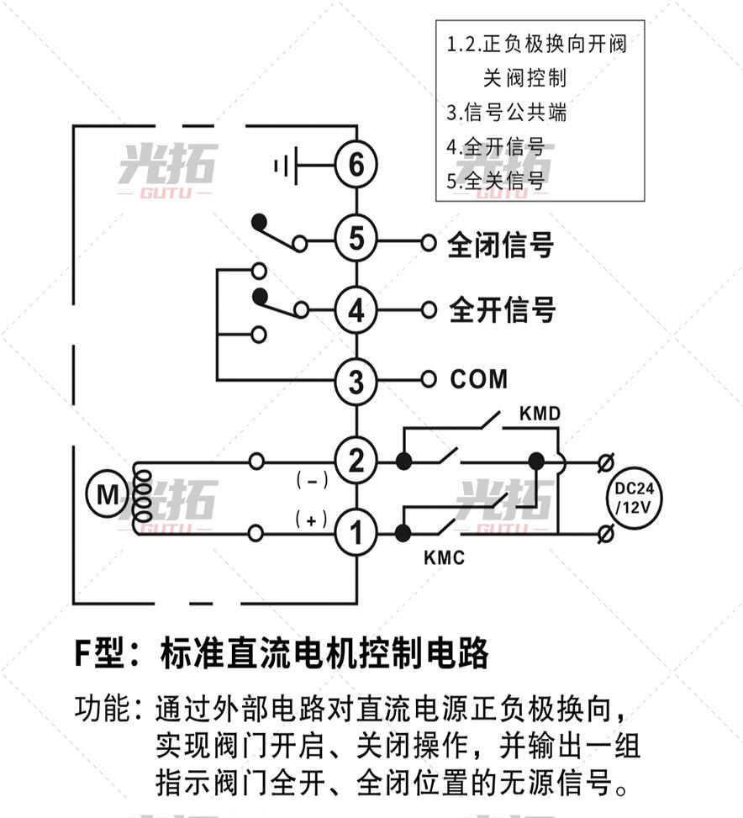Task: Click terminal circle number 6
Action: point(356,165)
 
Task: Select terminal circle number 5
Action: point(356,240)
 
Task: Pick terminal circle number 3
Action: point(356,381)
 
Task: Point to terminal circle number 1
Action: point(356,532)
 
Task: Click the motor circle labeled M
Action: point(108,495)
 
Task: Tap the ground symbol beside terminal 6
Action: point(285,165)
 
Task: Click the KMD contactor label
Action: point(540,414)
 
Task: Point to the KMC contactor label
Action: point(444,557)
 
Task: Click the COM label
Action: point(479,379)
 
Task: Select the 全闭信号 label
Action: point(501,245)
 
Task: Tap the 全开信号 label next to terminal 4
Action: point(503,309)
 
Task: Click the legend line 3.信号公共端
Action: point(506,112)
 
